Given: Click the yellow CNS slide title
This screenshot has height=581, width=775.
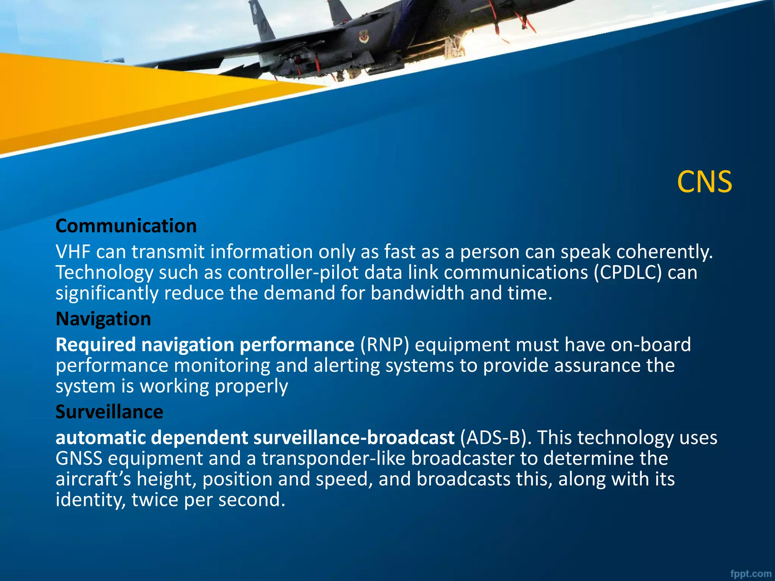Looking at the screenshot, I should [x=704, y=182].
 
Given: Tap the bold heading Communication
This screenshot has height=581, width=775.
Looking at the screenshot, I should [x=126, y=226].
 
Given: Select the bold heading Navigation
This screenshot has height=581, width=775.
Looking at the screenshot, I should [x=103, y=319].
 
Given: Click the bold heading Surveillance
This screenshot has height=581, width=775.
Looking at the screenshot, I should [x=109, y=412].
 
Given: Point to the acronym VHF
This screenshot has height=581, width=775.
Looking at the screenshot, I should [x=73, y=252].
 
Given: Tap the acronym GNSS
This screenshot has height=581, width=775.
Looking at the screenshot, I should [x=79, y=458].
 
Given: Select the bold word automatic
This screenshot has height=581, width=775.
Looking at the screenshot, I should [x=101, y=438].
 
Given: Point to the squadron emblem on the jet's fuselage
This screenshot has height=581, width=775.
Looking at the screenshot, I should [x=364, y=37].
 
